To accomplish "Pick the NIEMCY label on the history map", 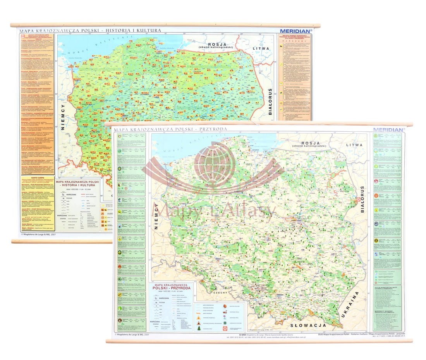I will [x=64, y=116].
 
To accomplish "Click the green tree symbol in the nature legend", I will [x=199, y=328].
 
